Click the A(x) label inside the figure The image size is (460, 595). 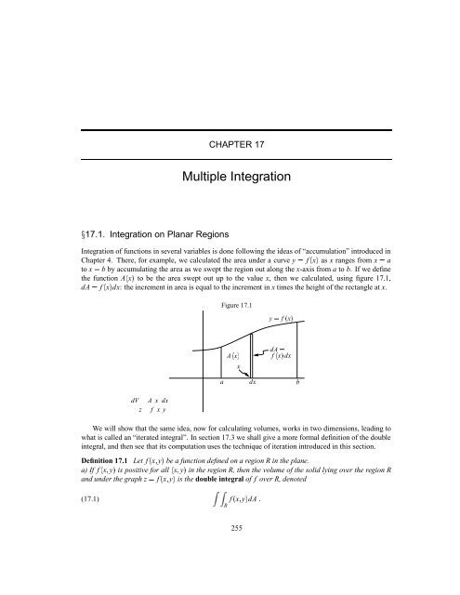click(236, 356)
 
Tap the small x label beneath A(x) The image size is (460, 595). click(239, 368)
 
